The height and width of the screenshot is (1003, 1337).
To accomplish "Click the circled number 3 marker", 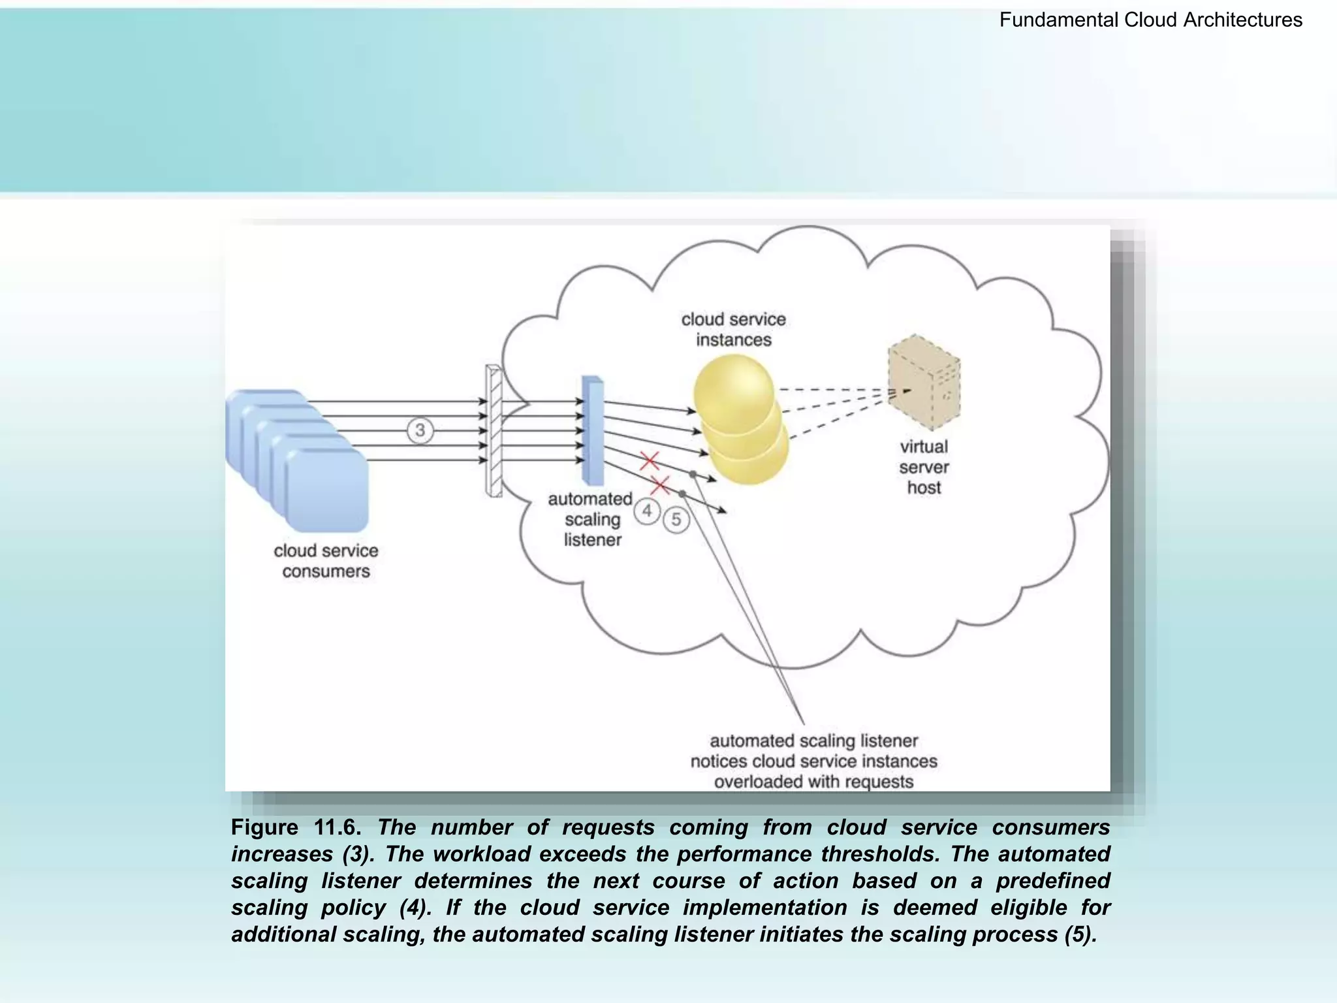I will (x=420, y=430).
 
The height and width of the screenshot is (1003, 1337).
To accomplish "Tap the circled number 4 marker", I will (x=647, y=511).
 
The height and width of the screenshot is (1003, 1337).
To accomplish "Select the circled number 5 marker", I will (x=676, y=520).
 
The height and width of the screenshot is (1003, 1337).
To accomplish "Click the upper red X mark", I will (x=649, y=461).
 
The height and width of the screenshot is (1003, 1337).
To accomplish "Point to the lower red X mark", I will (x=661, y=486).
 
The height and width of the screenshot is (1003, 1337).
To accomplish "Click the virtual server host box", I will (x=923, y=383).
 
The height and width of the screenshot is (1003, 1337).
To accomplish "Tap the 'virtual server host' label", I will (x=924, y=467).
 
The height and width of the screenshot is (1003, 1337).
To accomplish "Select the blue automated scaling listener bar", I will (x=593, y=430).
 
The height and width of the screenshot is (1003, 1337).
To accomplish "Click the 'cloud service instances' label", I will (x=733, y=329).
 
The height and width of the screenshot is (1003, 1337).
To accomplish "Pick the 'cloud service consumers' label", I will (x=326, y=561).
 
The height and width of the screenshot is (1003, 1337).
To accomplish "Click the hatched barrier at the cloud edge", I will (x=494, y=430).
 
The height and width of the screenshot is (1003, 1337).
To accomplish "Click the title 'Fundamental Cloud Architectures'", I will (x=1150, y=20).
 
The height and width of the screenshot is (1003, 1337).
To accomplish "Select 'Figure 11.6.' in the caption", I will (x=296, y=827).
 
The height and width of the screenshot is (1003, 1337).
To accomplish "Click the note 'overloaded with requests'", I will (x=813, y=782).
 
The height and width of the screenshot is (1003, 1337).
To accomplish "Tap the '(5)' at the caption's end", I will (x=1080, y=934).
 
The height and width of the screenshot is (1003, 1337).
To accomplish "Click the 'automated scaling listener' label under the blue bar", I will (x=591, y=520).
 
